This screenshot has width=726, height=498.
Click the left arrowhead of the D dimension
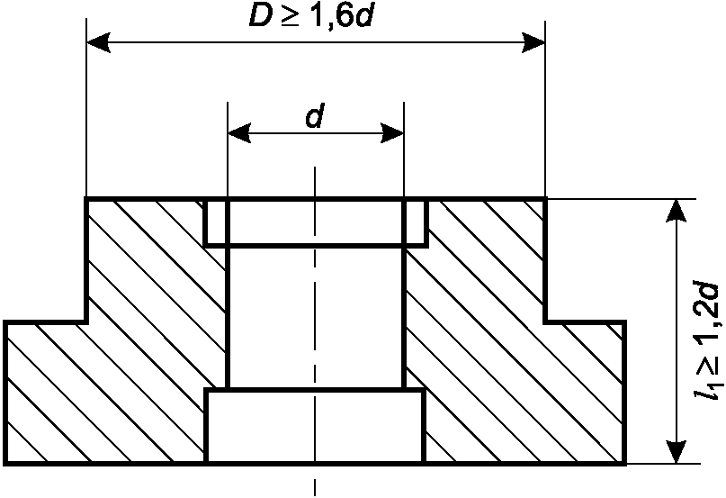click(98, 42)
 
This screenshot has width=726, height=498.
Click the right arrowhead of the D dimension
click(533, 42)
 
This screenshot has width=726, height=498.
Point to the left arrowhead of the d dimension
click(238, 134)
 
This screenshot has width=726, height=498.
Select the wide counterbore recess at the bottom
click(315, 427)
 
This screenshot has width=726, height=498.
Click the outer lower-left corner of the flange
click(6, 463)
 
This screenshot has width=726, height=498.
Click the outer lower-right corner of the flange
click(624, 463)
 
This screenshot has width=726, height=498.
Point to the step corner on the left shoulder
click(87, 321)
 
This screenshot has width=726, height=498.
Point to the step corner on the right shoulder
click(546, 321)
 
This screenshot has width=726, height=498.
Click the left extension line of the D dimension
click(86, 117)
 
